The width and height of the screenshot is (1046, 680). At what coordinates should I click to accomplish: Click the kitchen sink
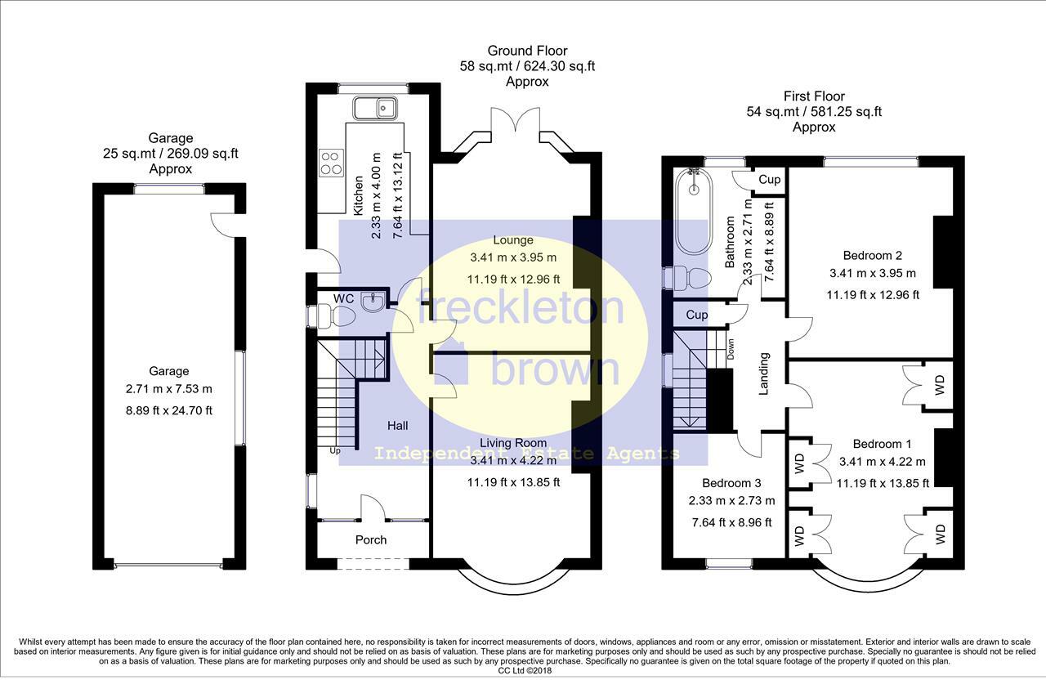tap(375, 109)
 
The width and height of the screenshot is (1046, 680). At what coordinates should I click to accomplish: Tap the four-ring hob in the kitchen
tap(331, 163)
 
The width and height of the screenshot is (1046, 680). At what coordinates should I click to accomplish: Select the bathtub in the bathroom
tap(694, 211)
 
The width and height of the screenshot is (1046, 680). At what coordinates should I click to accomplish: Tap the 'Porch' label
tap(371, 540)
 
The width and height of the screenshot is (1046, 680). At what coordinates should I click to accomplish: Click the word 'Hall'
tap(397, 426)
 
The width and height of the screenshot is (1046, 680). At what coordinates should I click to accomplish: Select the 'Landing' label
tap(763, 374)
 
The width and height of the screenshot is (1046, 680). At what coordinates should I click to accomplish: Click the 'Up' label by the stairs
tap(335, 450)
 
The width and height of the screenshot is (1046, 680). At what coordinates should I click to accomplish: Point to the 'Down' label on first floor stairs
tap(731, 349)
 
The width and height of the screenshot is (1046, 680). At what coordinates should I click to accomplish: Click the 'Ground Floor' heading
tap(527, 51)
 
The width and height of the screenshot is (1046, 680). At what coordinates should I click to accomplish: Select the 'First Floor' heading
tap(814, 96)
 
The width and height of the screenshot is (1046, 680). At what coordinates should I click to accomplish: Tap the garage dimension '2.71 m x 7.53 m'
tap(168, 388)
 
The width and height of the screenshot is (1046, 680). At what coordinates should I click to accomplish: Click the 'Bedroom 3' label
tap(731, 483)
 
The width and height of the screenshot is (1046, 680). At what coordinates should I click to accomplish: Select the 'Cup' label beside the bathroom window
tap(769, 179)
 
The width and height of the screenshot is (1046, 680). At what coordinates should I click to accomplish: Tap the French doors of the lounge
tap(516, 119)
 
